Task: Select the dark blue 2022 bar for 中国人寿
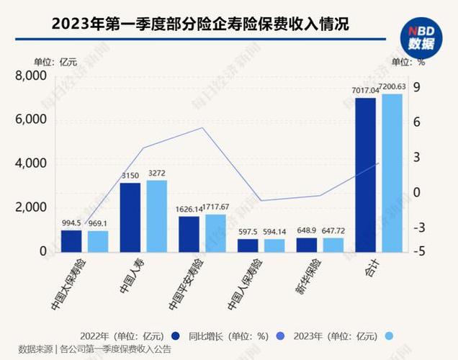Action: pyautogui.click(x=130, y=217)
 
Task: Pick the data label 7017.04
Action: pyautogui.click(x=365, y=91)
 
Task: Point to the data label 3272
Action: pyautogui.click(x=156, y=173)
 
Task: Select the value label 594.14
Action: pyautogui.click(x=274, y=232)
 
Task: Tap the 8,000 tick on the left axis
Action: pyautogui.click(x=32, y=76)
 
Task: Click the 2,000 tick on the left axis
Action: pyautogui.click(x=32, y=207)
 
